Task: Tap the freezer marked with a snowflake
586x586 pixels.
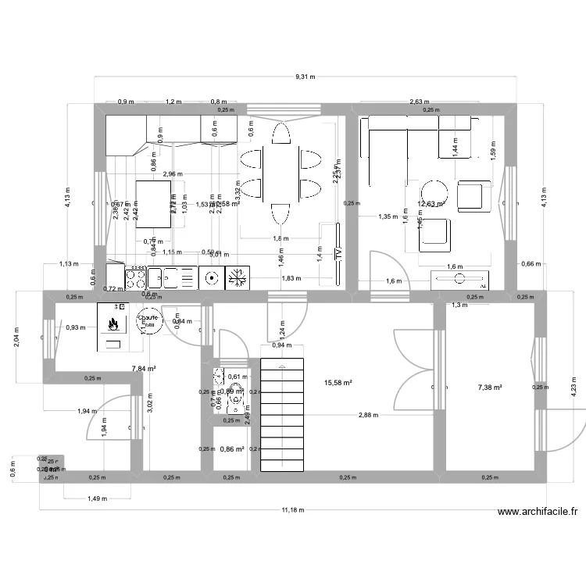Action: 235,277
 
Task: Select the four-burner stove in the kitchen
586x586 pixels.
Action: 135,277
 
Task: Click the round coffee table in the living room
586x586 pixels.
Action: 433,191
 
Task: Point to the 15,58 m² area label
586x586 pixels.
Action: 338,383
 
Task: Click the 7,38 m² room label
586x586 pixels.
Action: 489,387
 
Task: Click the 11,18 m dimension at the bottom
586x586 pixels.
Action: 293,509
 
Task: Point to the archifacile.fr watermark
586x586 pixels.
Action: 538,513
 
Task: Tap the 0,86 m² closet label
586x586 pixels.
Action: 232,449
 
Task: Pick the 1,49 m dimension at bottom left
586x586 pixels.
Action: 97,498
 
